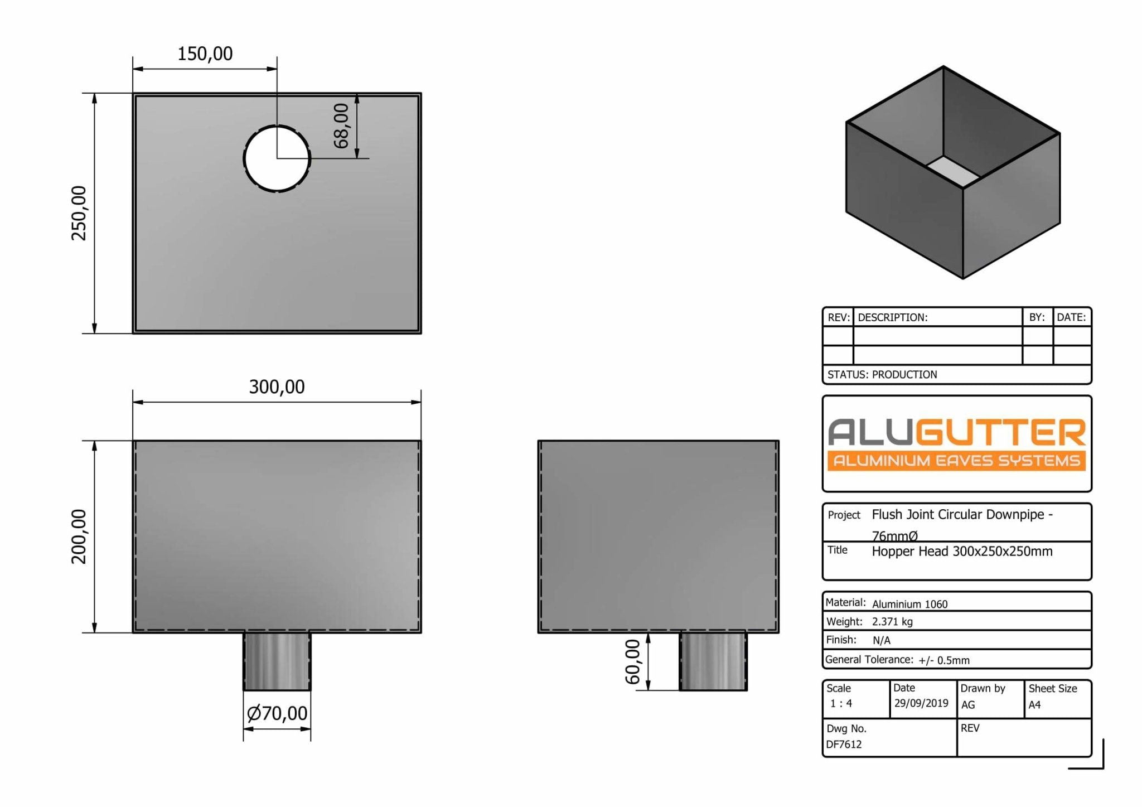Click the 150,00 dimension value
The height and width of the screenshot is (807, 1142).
tap(205, 54)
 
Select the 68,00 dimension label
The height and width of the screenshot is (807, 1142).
tap(341, 126)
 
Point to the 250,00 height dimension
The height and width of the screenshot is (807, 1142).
tap(79, 213)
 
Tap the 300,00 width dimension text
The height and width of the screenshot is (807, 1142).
tap(277, 386)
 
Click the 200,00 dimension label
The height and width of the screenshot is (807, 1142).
tap(79, 537)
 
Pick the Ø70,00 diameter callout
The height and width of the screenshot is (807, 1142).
tap(277, 713)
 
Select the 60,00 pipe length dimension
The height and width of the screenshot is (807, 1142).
tap(632, 662)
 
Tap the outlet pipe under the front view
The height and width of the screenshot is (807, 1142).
tap(277, 661)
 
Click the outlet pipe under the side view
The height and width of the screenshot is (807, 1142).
tap(713, 661)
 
